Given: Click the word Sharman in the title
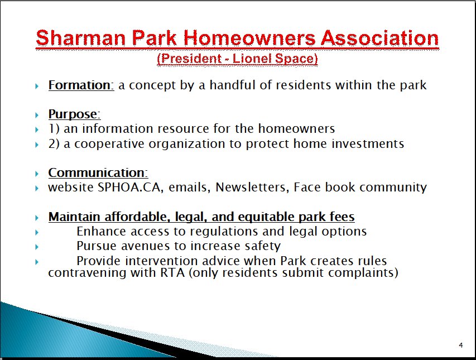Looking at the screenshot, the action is click(81, 38).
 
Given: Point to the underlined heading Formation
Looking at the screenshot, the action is click(81, 85).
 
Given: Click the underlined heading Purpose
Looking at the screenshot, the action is click(74, 114).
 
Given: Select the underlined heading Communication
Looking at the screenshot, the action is click(98, 172).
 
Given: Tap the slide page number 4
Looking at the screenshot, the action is click(461, 345).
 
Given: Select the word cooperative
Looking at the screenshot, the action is click(109, 144).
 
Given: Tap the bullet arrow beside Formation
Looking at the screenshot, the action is click(37, 86).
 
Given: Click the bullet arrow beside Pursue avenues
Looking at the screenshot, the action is click(37, 247).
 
